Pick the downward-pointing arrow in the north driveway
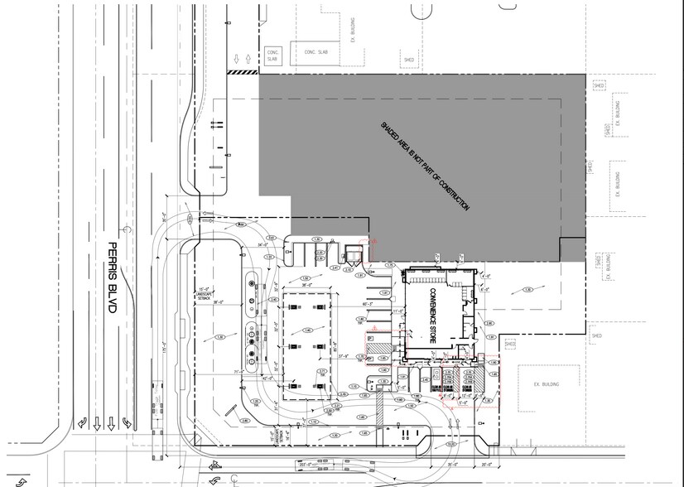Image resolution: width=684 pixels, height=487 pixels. (237, 60)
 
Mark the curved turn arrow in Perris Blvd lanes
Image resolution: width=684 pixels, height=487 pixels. (126, 422)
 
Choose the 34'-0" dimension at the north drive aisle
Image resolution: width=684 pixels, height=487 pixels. (263, 246)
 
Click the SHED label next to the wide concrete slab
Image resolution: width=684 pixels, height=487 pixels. (408, 60)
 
